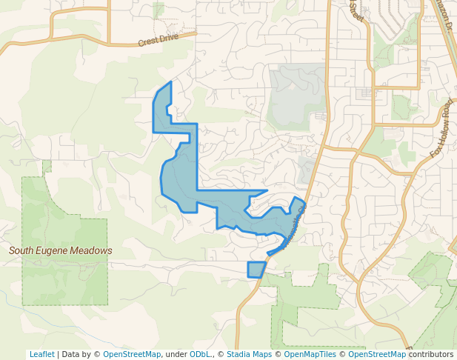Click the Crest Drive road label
click(158, 39)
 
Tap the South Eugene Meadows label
click(61, 251)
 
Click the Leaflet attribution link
click(41, 355)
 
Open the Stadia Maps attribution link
click(249, 355)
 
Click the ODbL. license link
click(200, 355)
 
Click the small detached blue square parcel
click(256, 270)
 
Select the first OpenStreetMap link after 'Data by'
click(132, 355)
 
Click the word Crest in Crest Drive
click(148, 41)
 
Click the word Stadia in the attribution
click(239, 355)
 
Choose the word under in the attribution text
click(176, 355)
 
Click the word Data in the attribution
click(71, 355)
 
